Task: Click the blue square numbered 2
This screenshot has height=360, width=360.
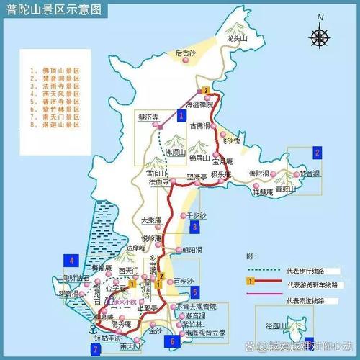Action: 316,152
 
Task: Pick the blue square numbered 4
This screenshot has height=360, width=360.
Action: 72,260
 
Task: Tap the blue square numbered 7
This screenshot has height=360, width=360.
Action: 96,348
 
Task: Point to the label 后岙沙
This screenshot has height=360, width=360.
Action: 188,53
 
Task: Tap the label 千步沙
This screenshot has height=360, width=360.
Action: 194,215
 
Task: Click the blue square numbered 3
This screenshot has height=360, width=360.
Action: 194,228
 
